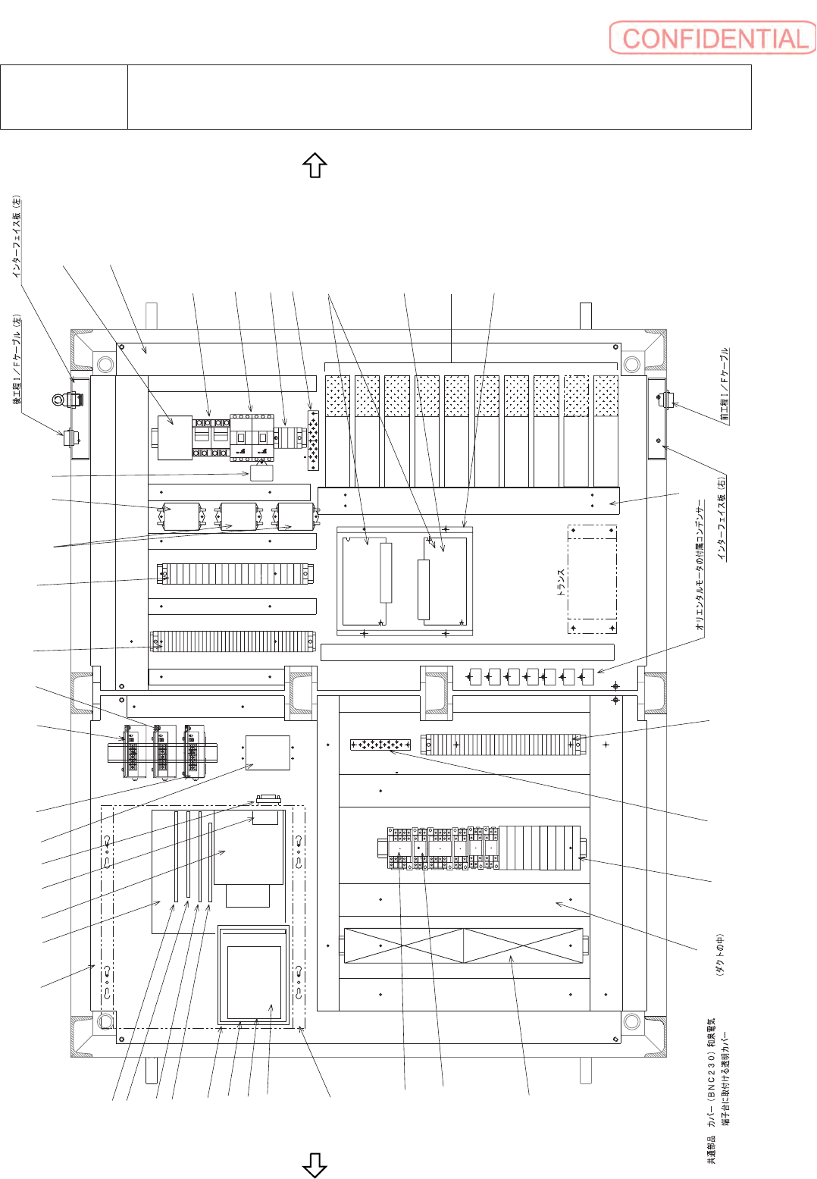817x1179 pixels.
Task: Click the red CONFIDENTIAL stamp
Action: point(712,38)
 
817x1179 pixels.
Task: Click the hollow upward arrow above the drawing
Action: point(315,165)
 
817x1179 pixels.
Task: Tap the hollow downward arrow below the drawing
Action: point(315,1165)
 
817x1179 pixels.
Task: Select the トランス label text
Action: point(562,582)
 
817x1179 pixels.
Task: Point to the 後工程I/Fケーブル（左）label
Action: point(17,359)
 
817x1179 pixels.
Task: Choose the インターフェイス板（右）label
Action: point(722,519)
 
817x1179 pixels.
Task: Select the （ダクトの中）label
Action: point(720,955)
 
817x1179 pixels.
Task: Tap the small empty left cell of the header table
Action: point(64,97)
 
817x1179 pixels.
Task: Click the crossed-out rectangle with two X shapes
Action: point(465,945)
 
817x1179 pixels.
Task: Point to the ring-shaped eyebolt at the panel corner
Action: point(58,399)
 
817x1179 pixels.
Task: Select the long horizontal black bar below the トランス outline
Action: point(467,652)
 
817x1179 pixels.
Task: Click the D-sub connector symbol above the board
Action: point(268,799)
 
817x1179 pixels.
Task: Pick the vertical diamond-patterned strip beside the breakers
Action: point(313,441)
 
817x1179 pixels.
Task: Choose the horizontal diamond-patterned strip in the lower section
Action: point(380,745)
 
